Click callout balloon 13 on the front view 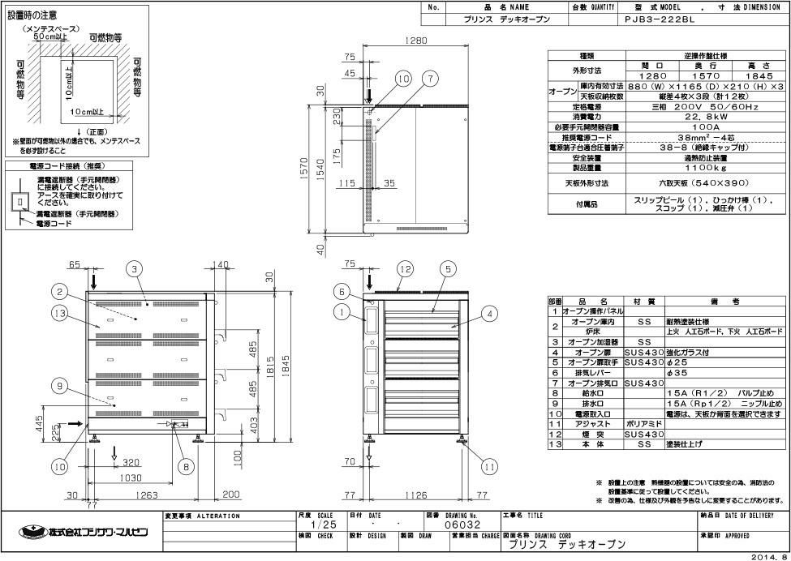coord(58,314)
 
